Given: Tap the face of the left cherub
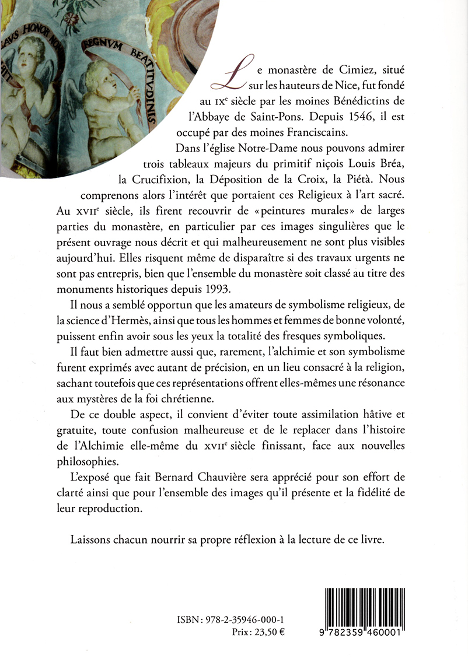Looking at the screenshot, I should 22,58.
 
